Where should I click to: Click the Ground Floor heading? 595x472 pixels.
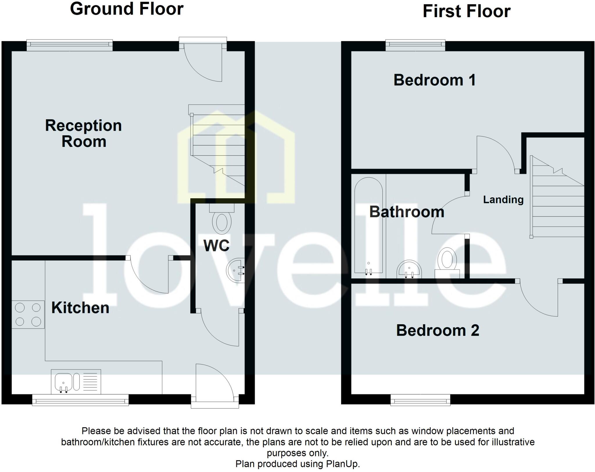127,9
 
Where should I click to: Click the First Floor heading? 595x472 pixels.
466,11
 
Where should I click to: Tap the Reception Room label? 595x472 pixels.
83,134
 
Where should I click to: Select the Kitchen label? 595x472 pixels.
80,308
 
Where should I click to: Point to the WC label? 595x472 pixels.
216,246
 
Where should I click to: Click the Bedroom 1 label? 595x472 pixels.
435,80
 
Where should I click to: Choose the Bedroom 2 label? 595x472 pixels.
438,330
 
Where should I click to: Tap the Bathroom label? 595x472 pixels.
407,212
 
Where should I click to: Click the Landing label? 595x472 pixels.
503,200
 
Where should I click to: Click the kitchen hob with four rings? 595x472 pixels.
28,314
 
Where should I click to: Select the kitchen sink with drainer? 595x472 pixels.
76,382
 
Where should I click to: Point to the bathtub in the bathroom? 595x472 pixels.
369,226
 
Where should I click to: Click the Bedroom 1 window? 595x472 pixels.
415,45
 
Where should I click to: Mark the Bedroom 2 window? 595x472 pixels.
420,400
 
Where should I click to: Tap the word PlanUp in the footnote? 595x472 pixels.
343,464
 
